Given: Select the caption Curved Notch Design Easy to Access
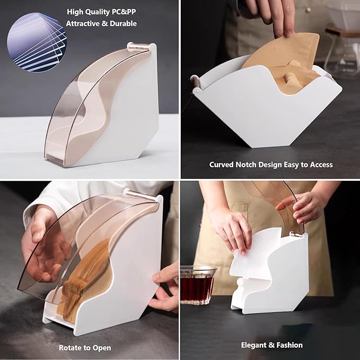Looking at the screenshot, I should coord(270,165).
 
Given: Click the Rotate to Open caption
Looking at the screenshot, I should coord(85,348).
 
